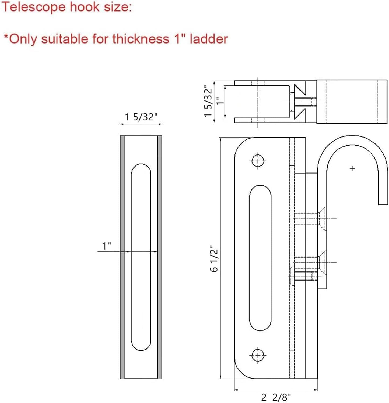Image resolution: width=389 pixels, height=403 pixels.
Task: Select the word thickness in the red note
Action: (141, 39)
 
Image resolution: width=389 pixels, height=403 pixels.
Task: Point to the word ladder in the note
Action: (209, 39)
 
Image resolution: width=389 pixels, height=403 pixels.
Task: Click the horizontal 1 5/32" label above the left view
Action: (141, 117)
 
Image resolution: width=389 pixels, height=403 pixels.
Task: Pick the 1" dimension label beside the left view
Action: (107, 246)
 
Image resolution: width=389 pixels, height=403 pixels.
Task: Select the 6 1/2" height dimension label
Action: (214, 258)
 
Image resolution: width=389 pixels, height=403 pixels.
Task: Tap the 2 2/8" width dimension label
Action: (276, 397)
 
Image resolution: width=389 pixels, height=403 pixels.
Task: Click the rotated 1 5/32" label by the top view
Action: (208, 101)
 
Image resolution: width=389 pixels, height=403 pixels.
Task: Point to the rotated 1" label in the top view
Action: (220, 102)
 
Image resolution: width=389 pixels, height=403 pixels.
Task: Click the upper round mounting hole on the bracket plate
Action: (258, 161)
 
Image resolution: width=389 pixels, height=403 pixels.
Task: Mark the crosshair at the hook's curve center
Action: (352, 168)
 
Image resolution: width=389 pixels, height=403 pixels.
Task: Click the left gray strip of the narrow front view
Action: (122, 257)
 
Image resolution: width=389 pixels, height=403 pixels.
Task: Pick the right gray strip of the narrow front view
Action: (159, 257)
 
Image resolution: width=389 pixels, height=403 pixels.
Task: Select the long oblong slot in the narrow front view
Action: (141, 257)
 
